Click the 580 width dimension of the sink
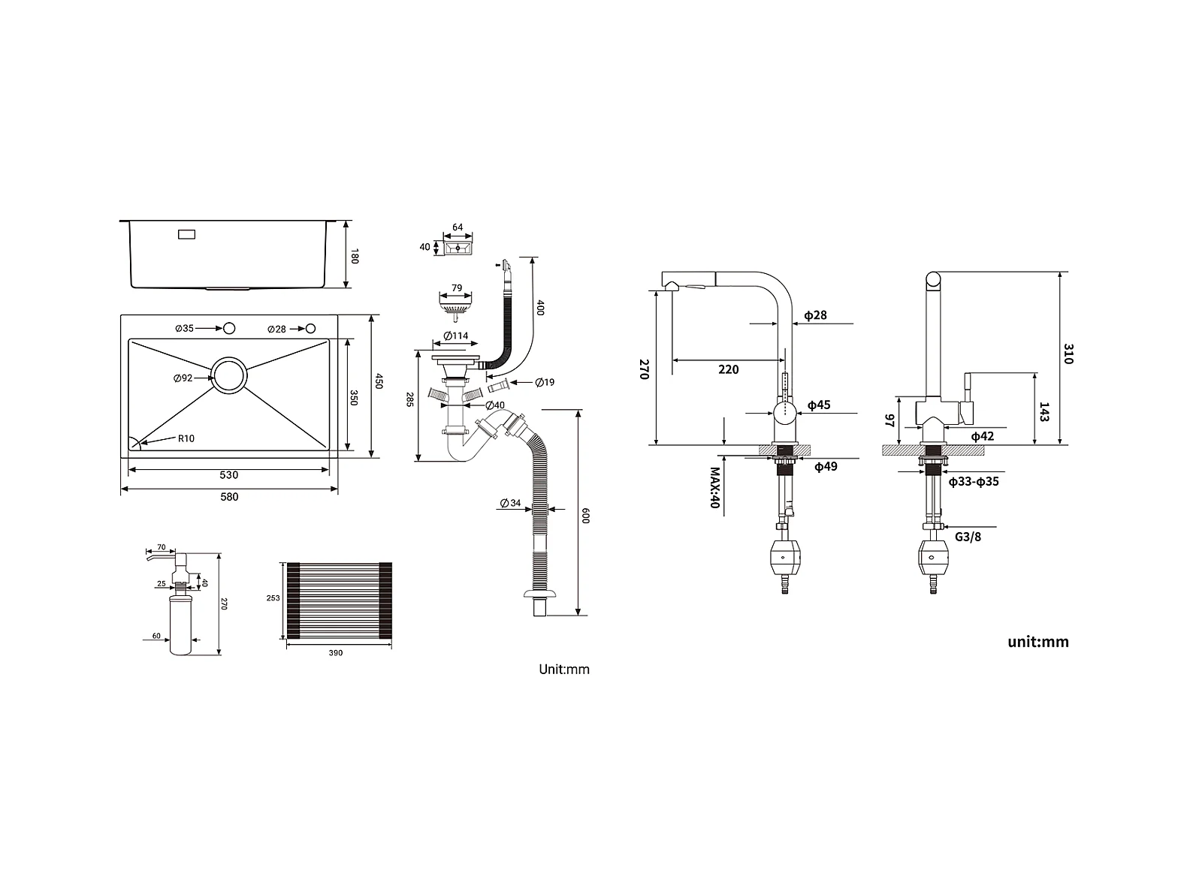[229, 497]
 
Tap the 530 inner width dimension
[229, 475]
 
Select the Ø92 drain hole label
[183, 378]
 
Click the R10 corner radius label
[186, 438]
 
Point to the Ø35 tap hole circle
[229, 328]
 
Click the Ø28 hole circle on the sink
[310, 328]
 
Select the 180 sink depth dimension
[355, 256]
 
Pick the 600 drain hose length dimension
[586, 515]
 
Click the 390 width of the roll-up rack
[336, 653]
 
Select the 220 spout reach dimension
[728, 369]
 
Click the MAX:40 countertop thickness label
[715, 488]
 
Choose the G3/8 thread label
[968, 537]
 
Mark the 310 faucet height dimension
[1068, 354]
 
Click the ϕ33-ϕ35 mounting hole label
[973, 482]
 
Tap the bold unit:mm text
[1037, 642]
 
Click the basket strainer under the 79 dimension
[456, 307]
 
